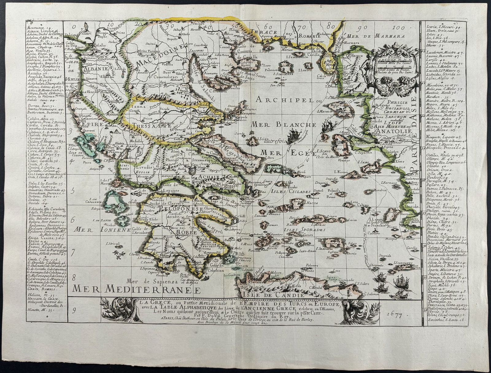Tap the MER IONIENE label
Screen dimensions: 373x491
pos(95,229)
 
